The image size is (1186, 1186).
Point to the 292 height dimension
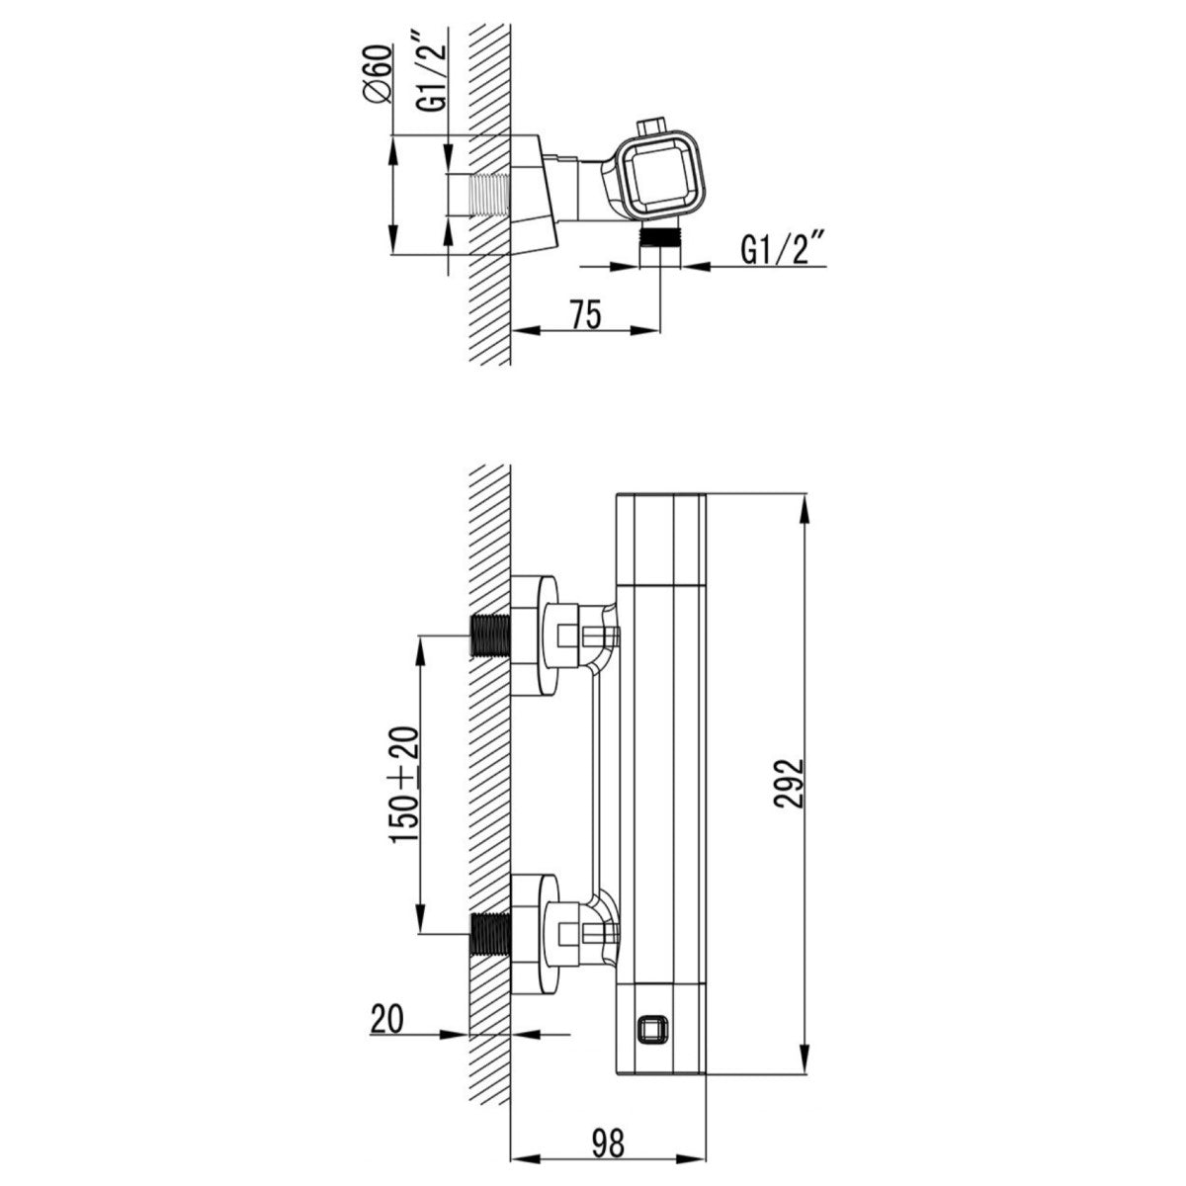789,784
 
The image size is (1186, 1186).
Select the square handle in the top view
659,175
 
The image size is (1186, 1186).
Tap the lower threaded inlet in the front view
489,932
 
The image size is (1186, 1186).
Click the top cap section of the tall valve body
660,538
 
